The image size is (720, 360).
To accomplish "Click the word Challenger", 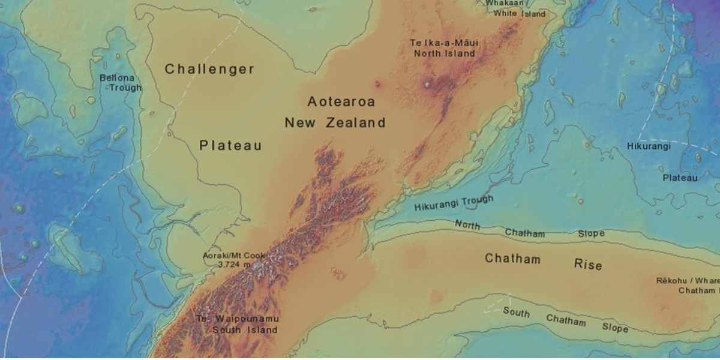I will point(210,69).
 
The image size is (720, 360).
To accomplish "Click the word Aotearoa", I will point(341,101).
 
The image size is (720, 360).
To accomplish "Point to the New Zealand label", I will point(335,123).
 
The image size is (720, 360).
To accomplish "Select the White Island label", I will point(520,14).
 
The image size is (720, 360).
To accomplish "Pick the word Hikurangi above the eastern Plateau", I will point(649,146).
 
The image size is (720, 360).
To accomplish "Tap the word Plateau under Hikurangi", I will point(680,178).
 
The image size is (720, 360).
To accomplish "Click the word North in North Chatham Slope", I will point(467,225).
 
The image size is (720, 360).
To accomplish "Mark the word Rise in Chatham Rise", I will point(588,264).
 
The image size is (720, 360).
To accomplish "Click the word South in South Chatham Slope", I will point(516,312).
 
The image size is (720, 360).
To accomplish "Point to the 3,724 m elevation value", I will point(233,264).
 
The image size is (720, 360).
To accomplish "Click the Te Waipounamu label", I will point(238,319).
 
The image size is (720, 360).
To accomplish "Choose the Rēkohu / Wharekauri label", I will point(688,281).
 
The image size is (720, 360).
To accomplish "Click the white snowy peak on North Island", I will point(427,85).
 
